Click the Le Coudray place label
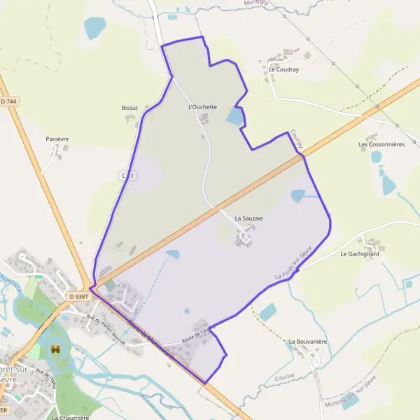tap(283, 70)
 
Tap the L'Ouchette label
tap(203, 107)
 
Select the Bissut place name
tap(129, 108)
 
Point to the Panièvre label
tap(57, 139)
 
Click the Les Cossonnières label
tap(381, 145)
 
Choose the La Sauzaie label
tap(248, 218)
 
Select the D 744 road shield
tap(9, 101)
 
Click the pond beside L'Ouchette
tap(235, 116)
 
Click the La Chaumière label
tap(70, 417)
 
